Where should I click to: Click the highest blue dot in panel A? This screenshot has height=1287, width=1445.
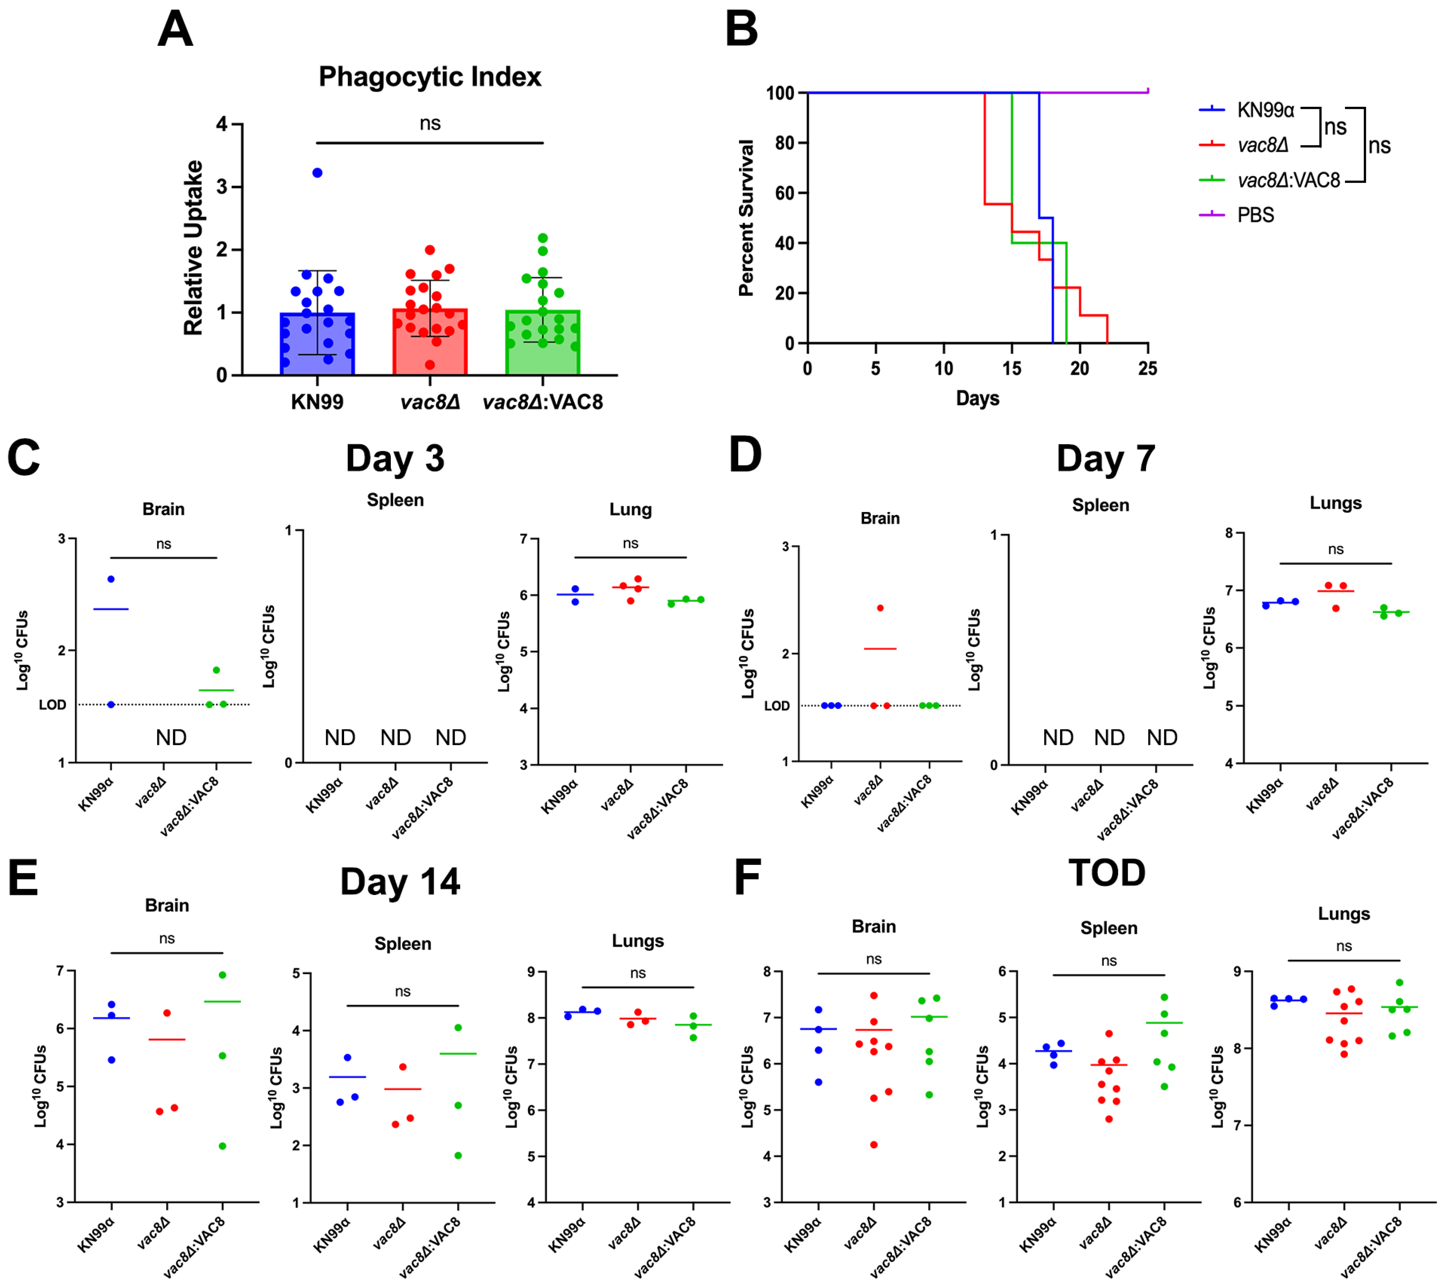318,172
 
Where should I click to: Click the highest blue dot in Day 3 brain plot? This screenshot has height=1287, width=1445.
111,579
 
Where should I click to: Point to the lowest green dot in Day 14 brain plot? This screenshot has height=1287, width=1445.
223,1146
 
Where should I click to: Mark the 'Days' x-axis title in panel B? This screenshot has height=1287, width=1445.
978,398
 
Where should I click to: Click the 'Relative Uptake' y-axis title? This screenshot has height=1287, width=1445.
193,247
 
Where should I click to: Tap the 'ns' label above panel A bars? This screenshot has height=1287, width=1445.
430,124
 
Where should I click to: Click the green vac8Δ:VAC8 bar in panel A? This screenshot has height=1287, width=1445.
542,347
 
